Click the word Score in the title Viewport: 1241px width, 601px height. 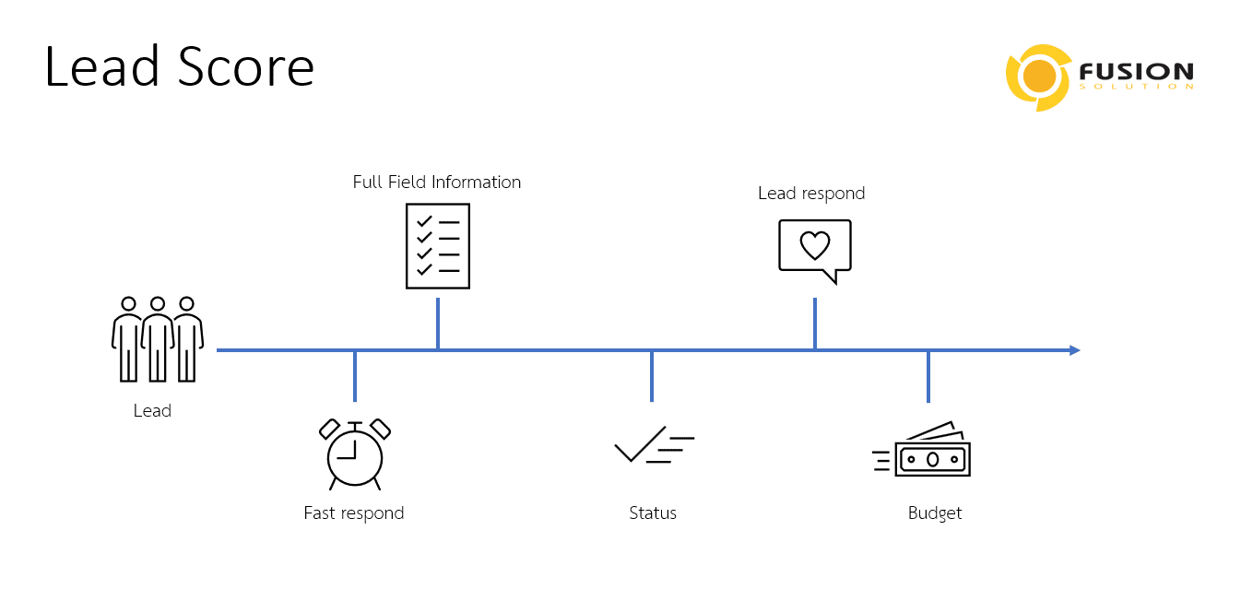tap(246, 67)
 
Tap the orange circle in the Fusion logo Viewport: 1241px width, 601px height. tap(1041, 77)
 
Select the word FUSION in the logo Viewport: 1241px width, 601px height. tap(1135, 71)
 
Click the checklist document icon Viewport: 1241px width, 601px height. tap(438, 246)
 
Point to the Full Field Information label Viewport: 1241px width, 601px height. tap(437, 183)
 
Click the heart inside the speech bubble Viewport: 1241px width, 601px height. tap(814, 245)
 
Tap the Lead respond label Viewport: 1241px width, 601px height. tap(811, 194)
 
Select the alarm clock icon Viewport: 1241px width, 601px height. tap(354, 454)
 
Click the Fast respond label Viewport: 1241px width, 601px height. tap(354, 513)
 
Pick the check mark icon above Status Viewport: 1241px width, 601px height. tap(653, 445)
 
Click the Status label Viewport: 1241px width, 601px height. tap(653, 513)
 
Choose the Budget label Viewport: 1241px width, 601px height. tap(935, 513)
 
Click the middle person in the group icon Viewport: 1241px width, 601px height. tap(158, 339)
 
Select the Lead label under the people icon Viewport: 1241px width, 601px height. tap(152, 411)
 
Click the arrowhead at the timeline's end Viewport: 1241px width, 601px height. tap(1074, 350)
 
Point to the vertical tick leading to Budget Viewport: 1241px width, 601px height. tap(928, 377)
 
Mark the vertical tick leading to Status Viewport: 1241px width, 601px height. tap(652, 376)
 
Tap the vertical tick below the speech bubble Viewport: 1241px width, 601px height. tap(815, 324)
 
